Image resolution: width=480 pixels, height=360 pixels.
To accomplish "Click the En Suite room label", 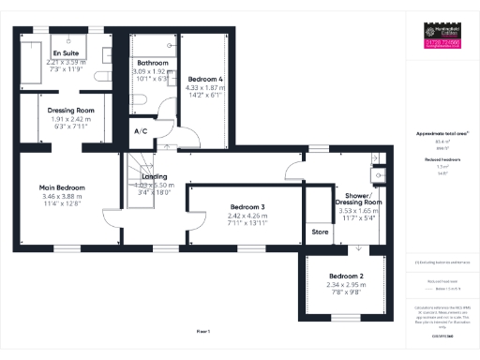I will pyautogui.click(x=66, y=54).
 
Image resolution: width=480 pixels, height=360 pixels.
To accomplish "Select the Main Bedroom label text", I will pyautogui.click(x=62, y=187).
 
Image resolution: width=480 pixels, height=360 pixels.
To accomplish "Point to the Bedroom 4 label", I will pyautogui.click(x=204, y=79).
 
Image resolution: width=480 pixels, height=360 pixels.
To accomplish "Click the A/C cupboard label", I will pyautogui.click(x=142, y=131).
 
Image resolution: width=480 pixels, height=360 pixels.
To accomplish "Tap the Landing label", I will pyautogui.click(x=154, y=176).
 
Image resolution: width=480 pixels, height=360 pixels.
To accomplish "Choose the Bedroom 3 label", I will pyautogui.click(x=248, y=206).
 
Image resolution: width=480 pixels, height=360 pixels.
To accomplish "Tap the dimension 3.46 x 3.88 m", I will pyautogui.click(x=62, y=196).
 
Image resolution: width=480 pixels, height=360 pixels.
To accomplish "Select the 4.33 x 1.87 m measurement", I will pyautogui.click(x=204, y=87).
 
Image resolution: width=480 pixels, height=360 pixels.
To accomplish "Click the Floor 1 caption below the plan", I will pyautogui.click(x=203, y=332).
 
